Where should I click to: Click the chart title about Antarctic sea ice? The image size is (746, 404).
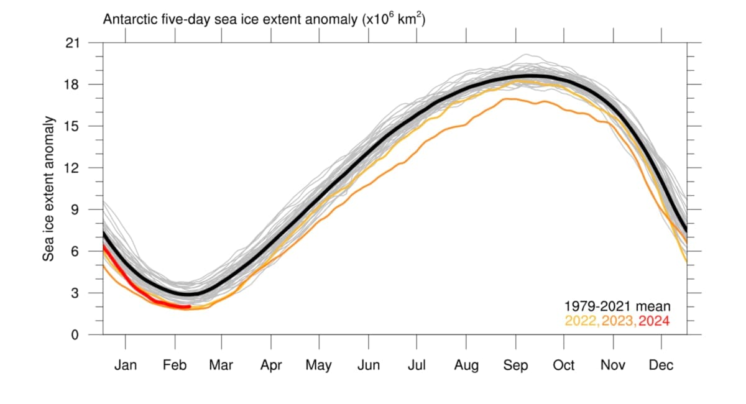click(264, 19)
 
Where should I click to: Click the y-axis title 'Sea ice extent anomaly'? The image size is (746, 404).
click(48, 188)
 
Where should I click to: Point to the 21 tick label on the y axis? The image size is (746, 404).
click(74, 43)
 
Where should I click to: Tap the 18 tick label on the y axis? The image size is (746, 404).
click(74, 85)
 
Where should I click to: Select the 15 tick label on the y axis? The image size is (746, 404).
click(74, 126)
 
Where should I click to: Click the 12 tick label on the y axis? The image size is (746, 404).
click(74, 168)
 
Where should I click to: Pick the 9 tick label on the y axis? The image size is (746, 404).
click(76, 209)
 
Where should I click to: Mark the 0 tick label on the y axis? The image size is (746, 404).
click(76, 335)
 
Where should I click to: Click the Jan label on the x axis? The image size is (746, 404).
click(126, 365)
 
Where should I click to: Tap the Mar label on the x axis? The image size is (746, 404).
click(221, 365)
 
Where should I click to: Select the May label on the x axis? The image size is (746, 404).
click(318, 365)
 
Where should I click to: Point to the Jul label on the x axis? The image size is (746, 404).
click(417, 365)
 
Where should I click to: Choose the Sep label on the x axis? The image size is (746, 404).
click(515, 365)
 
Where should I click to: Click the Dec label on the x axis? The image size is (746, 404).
click(661, 365)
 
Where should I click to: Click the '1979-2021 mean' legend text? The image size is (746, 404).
click(617, 306)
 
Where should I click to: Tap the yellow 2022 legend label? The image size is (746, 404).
click(581, 321)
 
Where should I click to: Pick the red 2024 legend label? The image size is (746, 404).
click(655, 321)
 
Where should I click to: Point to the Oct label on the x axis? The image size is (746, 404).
click(563, 365)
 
